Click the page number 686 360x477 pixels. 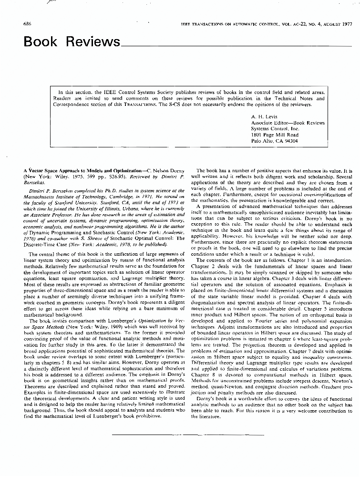[28, 23]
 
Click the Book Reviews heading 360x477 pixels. [72, 42]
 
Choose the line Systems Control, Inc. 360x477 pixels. [275, 129]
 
